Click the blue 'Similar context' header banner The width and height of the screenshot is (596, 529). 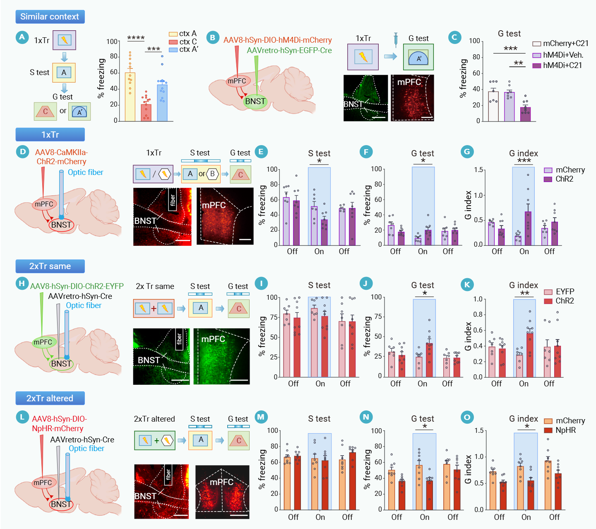coord(50,17)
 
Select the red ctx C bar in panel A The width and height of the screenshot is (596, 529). coord(146,112)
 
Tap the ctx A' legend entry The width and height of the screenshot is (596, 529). coord(184,49)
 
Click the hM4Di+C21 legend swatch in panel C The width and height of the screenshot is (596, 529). coord(537,66)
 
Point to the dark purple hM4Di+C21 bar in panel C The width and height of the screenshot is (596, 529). coord(525,114)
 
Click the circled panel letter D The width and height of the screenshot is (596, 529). coord(22,152)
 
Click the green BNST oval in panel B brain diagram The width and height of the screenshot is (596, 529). coord(255,101)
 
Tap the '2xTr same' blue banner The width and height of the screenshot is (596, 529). coord(50,266)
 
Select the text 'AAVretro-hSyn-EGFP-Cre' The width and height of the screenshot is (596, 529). coord(289,51)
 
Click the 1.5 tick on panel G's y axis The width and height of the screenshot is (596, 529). coord(478,170)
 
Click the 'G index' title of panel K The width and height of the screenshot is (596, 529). coord(524,285)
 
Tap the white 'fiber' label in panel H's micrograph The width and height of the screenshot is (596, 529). coord(179,340)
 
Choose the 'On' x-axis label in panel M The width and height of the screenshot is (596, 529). coord(320,517)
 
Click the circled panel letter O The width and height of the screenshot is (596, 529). coord(467,417)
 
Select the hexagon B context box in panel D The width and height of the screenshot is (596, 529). coord(212,174)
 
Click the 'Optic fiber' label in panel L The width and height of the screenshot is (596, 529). coord(86,449)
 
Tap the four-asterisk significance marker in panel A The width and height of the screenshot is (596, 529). coord(136,38)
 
